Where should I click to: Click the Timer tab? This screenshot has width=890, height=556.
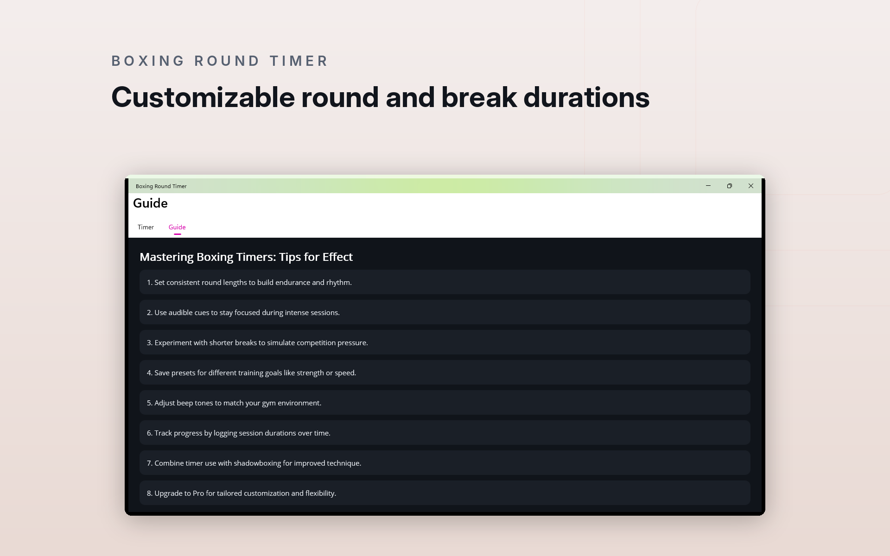click(146, 227)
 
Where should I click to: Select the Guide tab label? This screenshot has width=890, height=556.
click(177, 227)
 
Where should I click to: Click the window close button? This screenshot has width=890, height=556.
click(751, 186)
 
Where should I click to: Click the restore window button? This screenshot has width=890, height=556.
click(730, 186)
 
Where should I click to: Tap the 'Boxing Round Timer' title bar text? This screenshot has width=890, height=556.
click(161, 186)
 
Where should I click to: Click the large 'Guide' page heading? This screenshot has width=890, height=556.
click(150, 203)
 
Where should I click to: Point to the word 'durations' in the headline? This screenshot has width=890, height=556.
click(586, 97)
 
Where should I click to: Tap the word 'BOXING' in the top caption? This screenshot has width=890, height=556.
click(148, 61)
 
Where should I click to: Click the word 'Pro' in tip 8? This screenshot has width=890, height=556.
click(198, 493)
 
